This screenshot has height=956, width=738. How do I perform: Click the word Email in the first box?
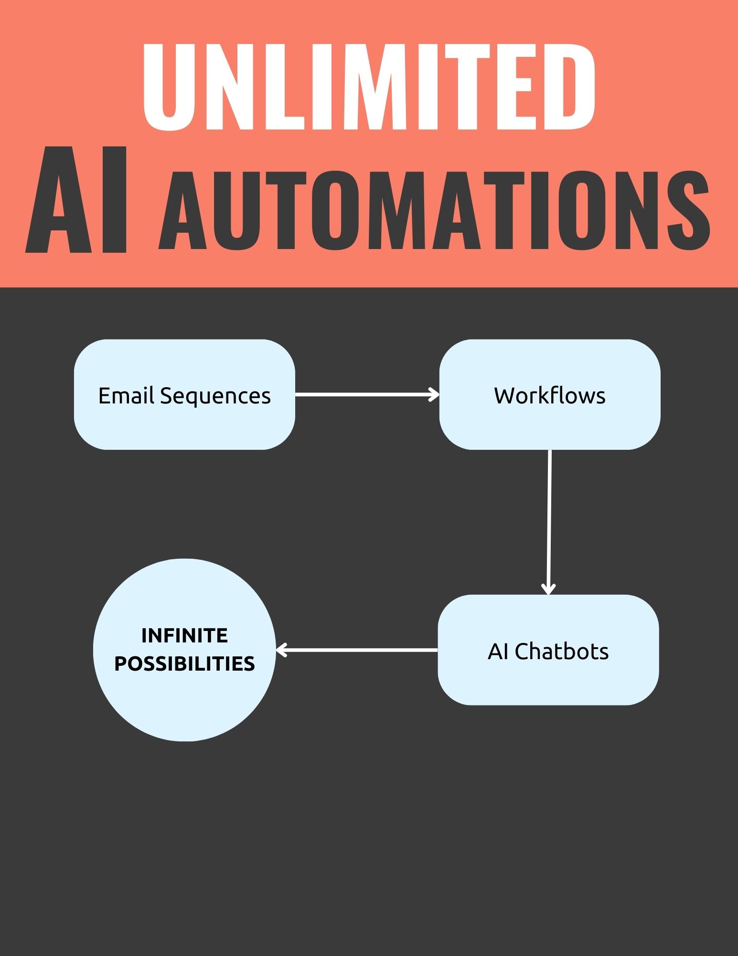(126, 396)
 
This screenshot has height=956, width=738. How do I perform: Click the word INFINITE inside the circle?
(184, 636)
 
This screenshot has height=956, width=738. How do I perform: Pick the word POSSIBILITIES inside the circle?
(184, 664)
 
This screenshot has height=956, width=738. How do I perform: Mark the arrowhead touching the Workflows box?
(434, 394)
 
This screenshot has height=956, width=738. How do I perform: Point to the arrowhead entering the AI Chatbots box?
(548, 588)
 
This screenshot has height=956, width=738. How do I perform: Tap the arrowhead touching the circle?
(282, 650)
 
